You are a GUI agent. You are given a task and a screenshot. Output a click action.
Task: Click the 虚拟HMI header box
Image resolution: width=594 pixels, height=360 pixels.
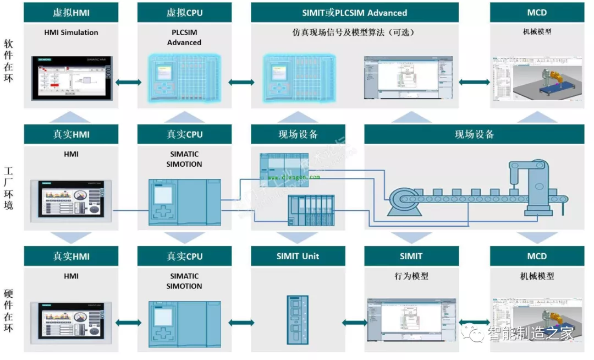71,12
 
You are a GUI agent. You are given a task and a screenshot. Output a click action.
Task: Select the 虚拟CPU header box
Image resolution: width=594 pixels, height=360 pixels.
184,12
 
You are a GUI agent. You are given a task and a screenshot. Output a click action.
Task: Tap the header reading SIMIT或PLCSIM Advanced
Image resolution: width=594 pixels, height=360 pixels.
354,12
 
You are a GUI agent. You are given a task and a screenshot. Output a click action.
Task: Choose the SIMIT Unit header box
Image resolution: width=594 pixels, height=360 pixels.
298,256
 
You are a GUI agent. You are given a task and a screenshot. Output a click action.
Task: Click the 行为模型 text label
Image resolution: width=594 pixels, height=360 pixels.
411,276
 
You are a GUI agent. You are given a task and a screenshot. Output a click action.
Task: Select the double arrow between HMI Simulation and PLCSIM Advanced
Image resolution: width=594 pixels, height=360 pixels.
128,82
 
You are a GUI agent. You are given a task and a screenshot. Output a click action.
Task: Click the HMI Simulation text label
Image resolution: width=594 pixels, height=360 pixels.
71,32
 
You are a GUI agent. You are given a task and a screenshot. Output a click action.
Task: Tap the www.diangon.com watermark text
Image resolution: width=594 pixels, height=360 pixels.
293,177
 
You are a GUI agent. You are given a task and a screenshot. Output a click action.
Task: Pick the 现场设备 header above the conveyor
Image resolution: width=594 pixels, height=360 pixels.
474,134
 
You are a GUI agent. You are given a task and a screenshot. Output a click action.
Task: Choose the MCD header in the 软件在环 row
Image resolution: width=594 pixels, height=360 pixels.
536,12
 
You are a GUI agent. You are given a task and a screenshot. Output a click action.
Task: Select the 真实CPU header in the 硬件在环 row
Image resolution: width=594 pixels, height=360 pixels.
184,256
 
